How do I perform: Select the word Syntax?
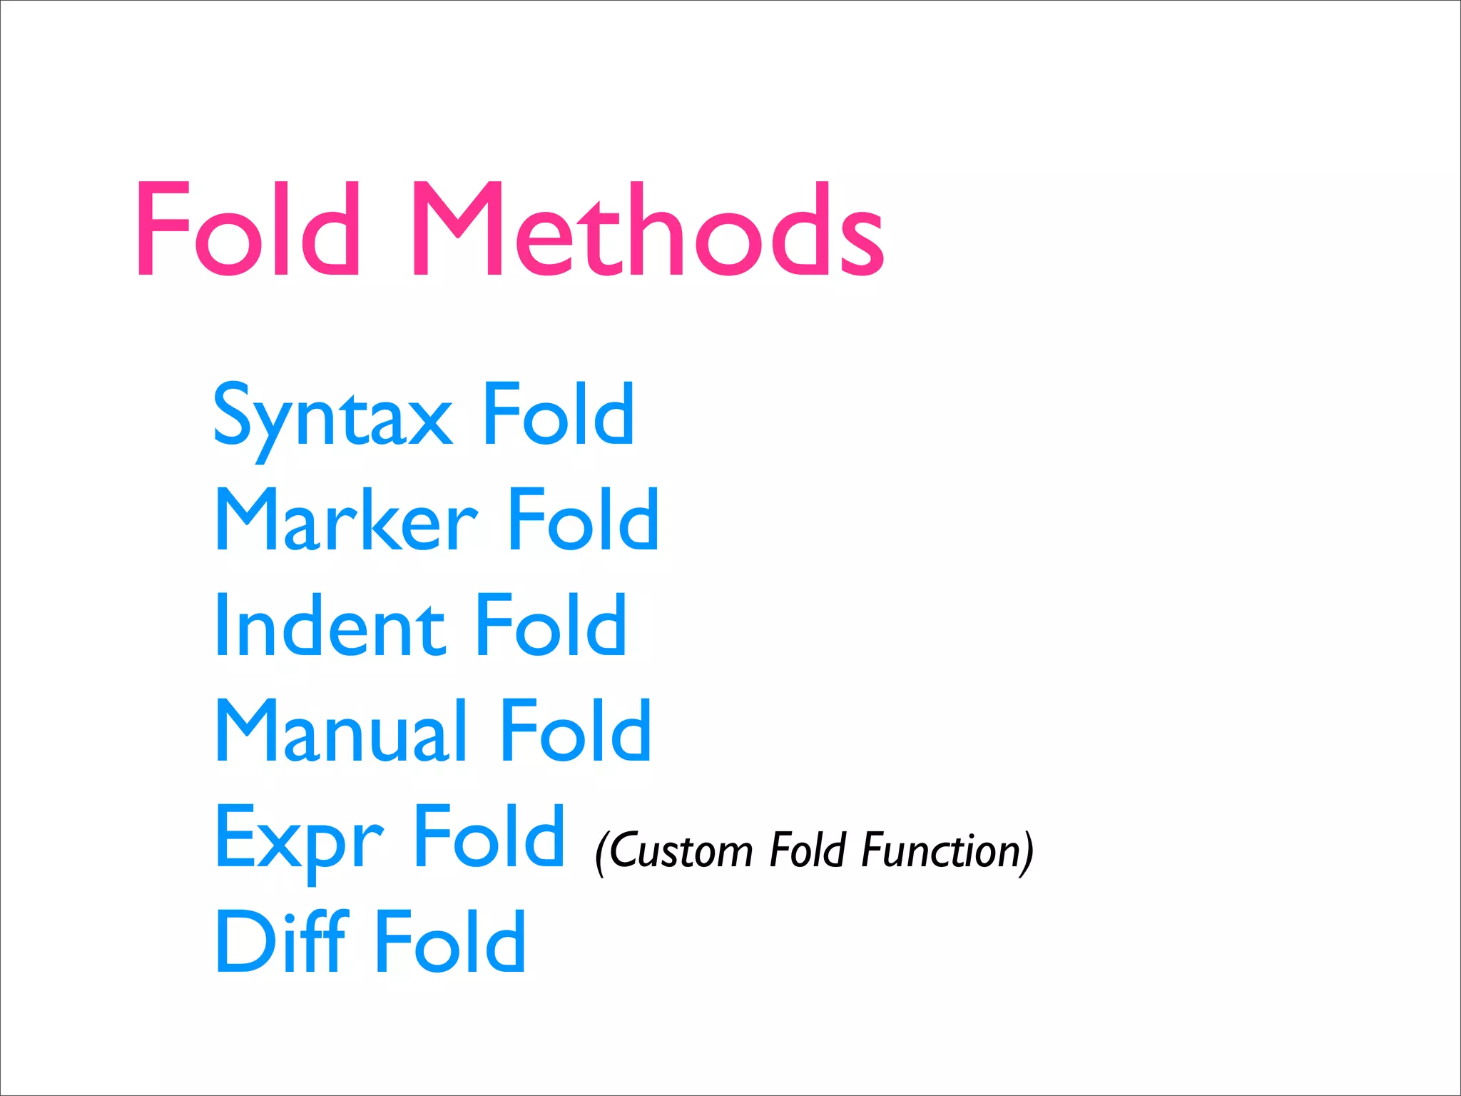click(332, 417)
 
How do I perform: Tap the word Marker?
click(346, 521)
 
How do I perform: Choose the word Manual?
click(342, 731)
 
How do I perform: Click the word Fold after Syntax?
click(559, 414)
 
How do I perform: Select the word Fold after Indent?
click(551, 625)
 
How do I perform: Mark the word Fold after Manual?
click(576, 731)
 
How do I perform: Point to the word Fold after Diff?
click(451, 942)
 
